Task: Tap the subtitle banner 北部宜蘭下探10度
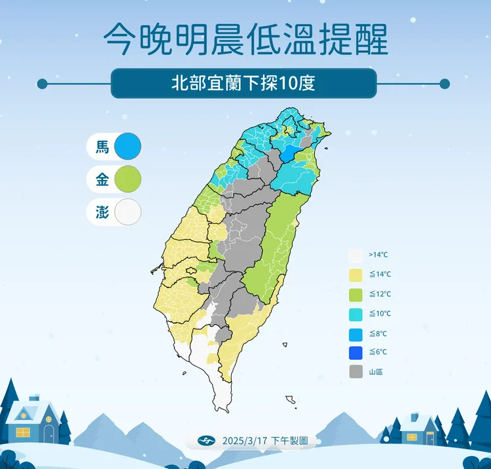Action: [244, 84]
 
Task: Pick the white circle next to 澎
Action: [127, 212]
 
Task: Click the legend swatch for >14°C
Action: [355, 255]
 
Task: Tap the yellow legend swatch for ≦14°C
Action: [355, 275]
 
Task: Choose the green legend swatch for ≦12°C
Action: [355, 294]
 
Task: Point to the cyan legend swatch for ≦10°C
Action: [355, 313]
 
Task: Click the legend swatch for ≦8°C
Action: [355, 333]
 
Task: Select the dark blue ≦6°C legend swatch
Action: [355, 352]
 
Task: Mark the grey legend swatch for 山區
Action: [355, 372]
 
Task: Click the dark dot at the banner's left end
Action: [43, 84]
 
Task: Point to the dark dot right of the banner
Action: [445, 84]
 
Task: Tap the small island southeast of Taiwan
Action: [291, 399]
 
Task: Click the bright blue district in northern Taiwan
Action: [288, 154]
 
